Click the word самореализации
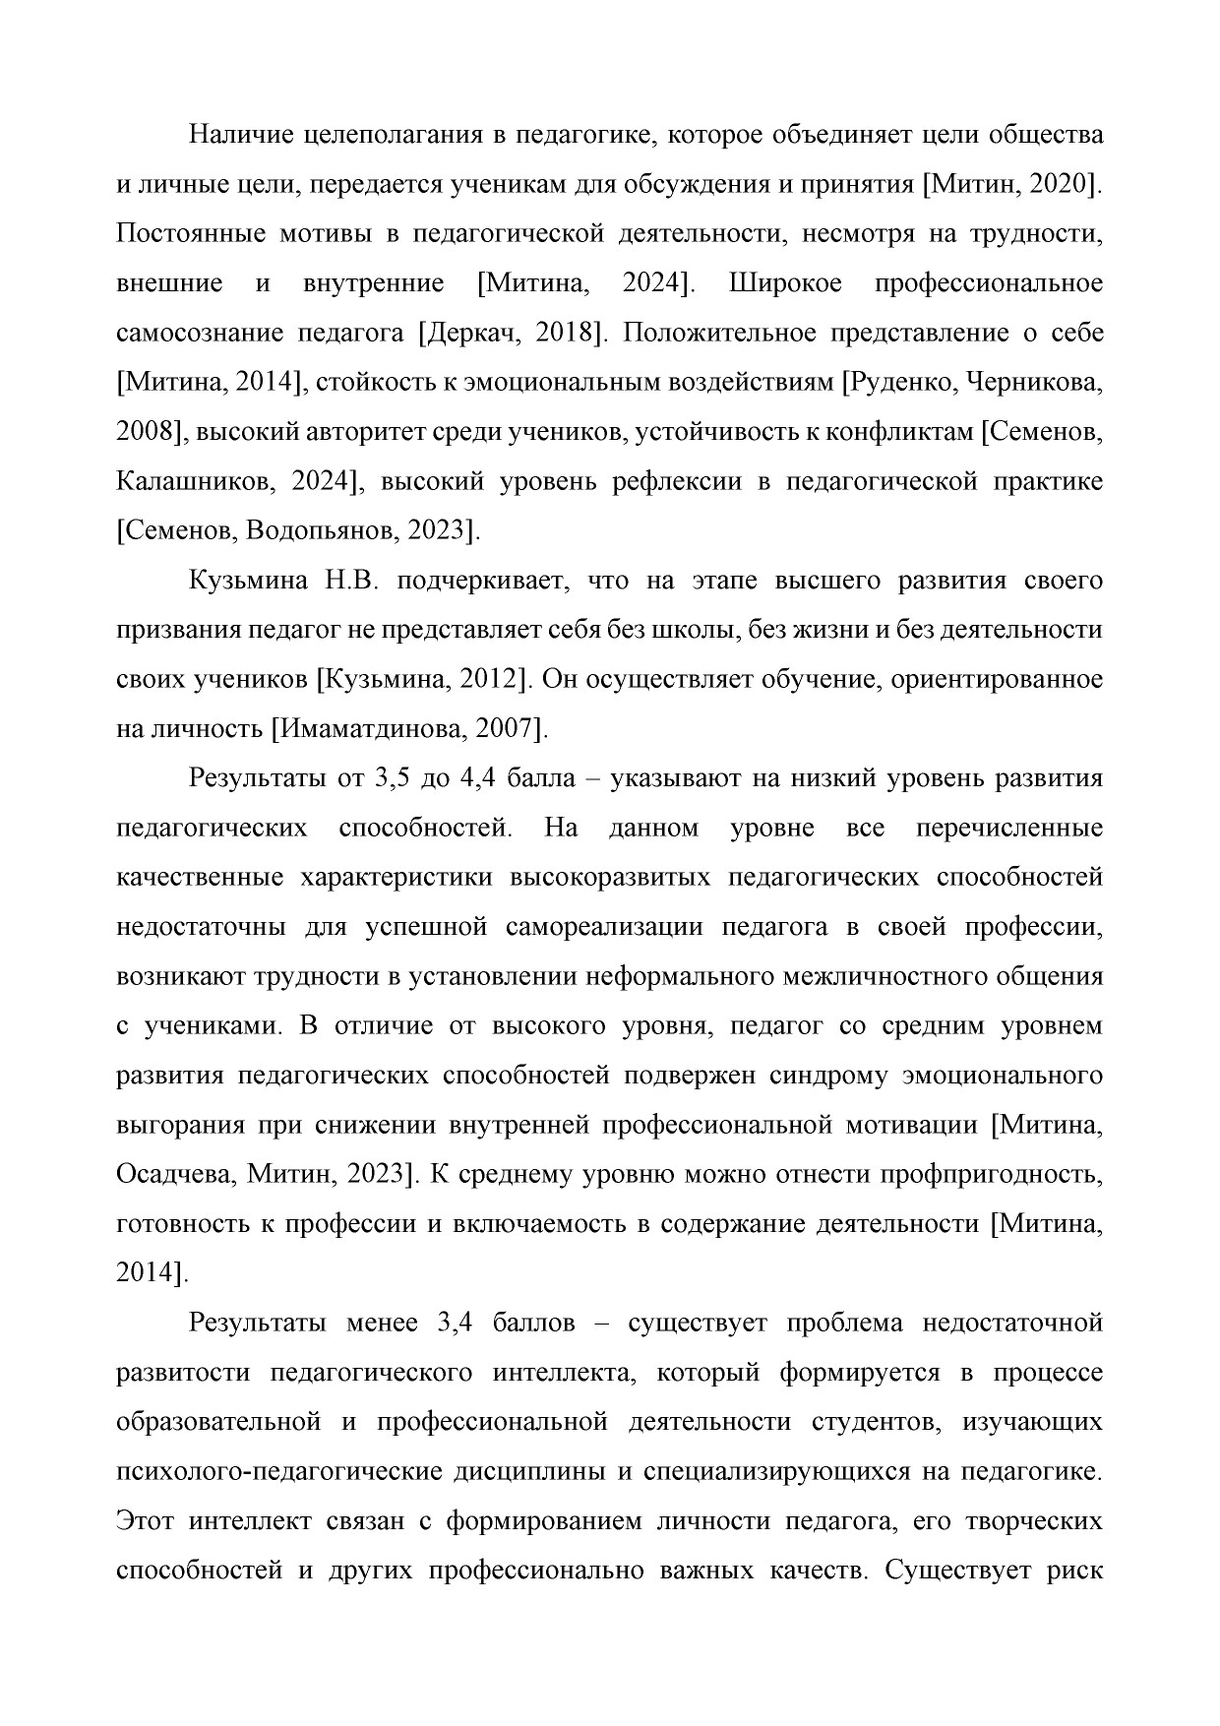(610, 928)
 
